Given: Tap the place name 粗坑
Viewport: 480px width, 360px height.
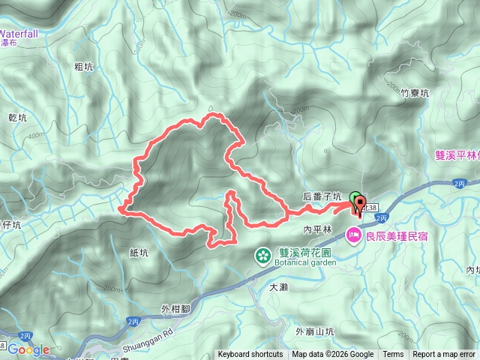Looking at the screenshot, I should (x=84, y=66).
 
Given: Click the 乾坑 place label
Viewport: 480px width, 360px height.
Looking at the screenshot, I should (x=16, y=118).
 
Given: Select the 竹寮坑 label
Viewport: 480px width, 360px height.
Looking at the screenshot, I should (x=415, y=94).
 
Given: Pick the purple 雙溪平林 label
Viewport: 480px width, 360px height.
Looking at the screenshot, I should (x=457, y=155).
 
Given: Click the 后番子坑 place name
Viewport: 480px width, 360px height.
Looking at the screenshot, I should (x=322, y=196).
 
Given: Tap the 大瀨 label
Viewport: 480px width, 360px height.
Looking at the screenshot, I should (x=278, y=286).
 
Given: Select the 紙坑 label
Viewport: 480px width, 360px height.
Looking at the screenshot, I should (x=139, y=253).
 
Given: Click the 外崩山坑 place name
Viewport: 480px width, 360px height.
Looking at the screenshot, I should (x=314, y=331).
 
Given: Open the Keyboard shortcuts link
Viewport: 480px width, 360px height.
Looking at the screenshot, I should (x=250, y=355).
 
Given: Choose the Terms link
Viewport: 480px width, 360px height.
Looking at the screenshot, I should (x=393, y=355).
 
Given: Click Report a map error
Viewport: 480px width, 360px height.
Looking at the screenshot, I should (x=444, y=355).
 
